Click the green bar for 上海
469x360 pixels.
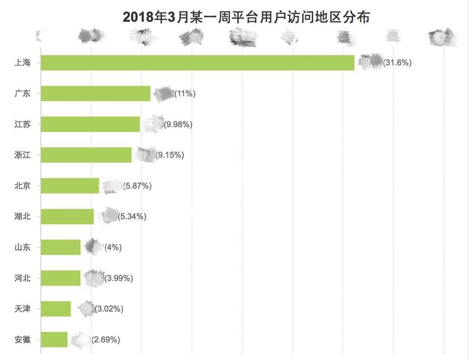click(197, 63)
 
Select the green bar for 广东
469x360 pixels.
click(95, 93)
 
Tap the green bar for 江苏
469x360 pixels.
click(90, 124)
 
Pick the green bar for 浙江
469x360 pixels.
click(86, 155)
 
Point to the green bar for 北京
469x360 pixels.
click(70, 186)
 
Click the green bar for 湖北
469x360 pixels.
click(67, 216)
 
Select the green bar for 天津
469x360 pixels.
click(56, 309)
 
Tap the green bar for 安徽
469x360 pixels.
click(54, 339)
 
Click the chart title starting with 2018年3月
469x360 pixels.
click(246, 17)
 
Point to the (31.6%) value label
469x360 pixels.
click(397, 63)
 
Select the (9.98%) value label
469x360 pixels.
click(178, 125)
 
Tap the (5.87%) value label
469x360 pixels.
click(137, 186)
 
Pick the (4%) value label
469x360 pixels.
click(113, 247)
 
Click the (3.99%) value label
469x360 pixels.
click(119, 278)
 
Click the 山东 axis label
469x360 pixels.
click(23, 247)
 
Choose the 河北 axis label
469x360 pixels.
click(23, 278)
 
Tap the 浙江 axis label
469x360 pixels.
click(23, 155)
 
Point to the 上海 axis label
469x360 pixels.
click(23, 63)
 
